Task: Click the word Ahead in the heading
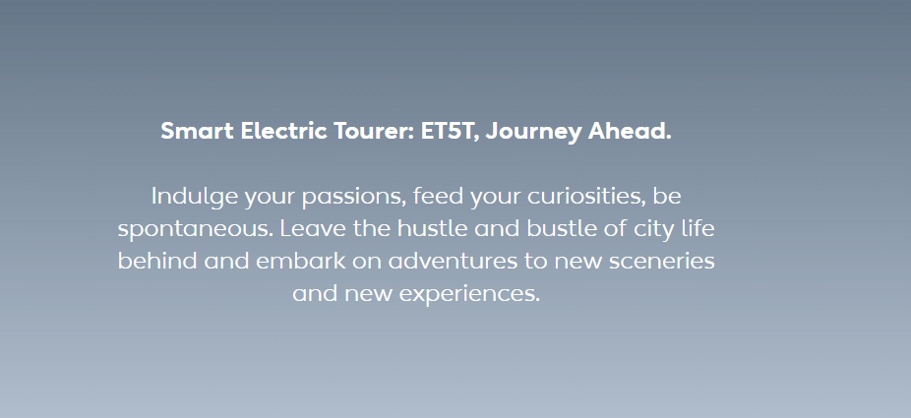click(630, 131)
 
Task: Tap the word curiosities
click(586, 197)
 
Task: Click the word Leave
click(313, 228)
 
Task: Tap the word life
click(699, 228)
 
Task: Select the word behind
click(157, 261)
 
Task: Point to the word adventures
click(453, 261)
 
